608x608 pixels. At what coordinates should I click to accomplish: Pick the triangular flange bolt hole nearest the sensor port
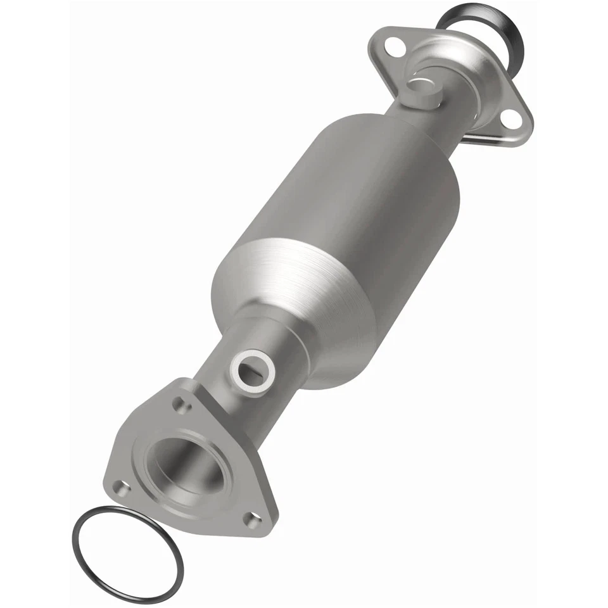[x=182, y=405]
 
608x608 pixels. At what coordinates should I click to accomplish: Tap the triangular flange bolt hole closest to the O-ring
[x=119, y=486]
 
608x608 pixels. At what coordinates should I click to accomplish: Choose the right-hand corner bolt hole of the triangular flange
[x=253, y=520]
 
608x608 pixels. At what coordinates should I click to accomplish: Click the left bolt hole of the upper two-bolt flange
[x=393, y=44]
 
